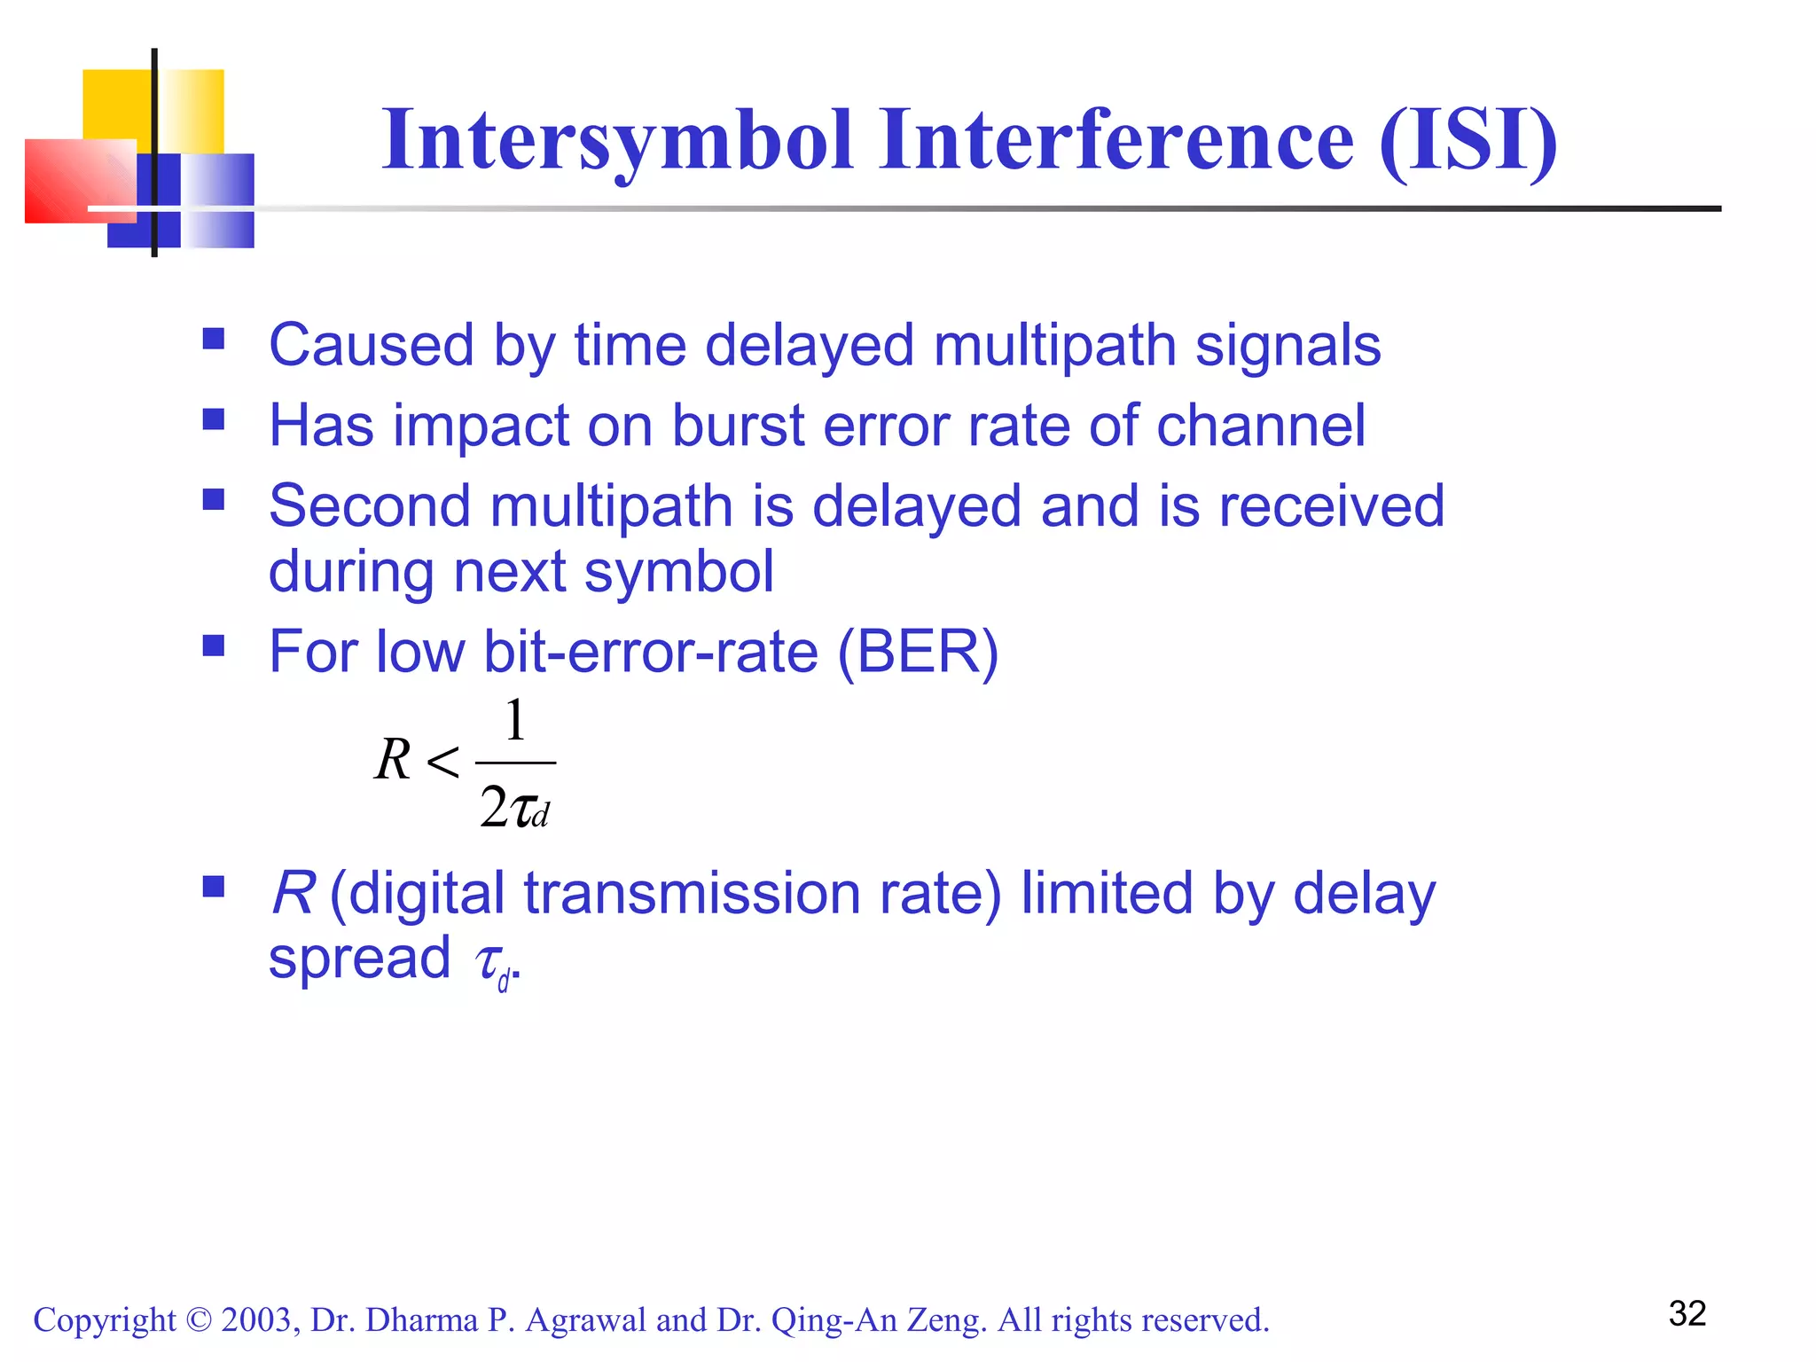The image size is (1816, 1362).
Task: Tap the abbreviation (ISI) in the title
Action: (x=1468, y=142)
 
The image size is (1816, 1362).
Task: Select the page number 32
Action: (x=1687, y=1313)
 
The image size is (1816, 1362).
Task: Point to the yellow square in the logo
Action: (x=120, y=105)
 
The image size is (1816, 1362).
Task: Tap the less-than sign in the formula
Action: (x=442, y=762)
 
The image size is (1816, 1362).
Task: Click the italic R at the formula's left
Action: (x=393, y=761)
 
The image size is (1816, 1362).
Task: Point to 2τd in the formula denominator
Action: (x=514, y=808)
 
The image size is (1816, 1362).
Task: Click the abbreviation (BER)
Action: (x=918, y=652)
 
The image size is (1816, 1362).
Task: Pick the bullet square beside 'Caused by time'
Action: (x=214, y=339)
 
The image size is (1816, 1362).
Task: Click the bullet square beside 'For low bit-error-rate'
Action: (x=214, y=645)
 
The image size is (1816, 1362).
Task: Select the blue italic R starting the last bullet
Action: (x=293, y=893)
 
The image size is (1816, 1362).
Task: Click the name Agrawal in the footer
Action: (x=586, y=1320)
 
